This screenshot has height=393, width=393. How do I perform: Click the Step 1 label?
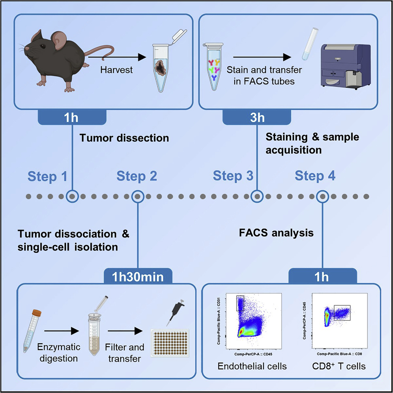coord(47,176)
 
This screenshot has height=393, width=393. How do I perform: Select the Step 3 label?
coord(233,176)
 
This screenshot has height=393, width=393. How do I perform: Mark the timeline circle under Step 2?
coord(137,196)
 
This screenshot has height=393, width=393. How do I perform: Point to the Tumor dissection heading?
coord(124,138)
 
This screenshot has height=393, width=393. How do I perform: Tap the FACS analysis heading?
coord(276,233)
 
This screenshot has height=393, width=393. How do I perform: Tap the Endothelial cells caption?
coord(252,366)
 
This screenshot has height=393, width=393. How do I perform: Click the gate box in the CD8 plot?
coord(342,313)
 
